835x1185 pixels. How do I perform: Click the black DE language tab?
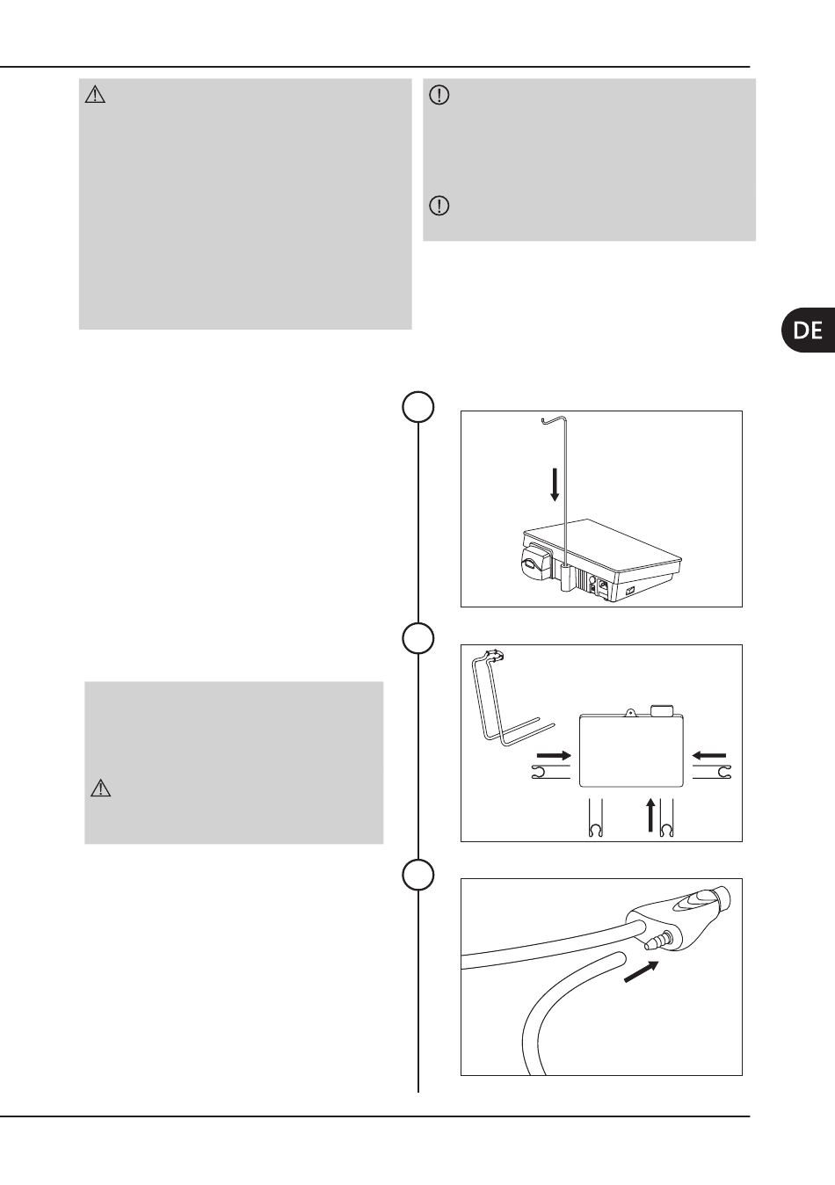point(809,330)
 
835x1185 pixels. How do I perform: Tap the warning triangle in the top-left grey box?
point(95,95)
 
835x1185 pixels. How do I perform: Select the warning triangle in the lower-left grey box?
point(101,789)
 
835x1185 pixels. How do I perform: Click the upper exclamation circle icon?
point(439,95)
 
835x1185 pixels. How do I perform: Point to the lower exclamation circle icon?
point(439,205)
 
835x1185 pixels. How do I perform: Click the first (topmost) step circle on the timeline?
point(418,407)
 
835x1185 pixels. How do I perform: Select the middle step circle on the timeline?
point(418,638)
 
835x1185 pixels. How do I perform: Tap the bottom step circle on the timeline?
point(418,875)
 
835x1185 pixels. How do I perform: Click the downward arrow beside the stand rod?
point(555,484)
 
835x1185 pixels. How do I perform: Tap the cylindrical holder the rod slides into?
point(565,577)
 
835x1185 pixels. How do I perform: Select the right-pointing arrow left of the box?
point(555,755)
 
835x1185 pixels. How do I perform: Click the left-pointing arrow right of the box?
point(709,755)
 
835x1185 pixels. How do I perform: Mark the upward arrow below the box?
point(651,815)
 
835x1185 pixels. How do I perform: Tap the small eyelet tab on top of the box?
point(630,712)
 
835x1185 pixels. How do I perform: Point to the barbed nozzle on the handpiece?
point(656,940)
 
